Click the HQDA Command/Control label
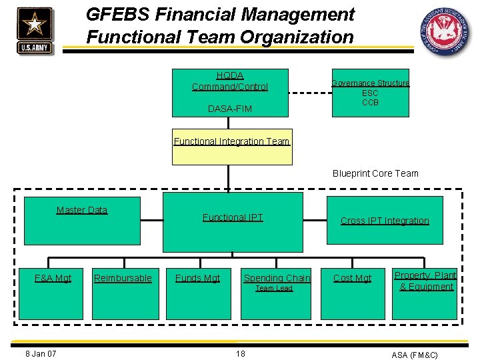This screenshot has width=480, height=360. (x=230, y=81)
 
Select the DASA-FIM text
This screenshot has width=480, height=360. (x=230, y=109)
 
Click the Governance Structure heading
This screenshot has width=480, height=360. (x=370, y=83)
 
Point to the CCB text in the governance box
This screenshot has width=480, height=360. (x=370, y=103)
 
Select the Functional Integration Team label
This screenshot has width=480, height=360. (x=231, y=141)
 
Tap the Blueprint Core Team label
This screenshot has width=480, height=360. (x=375, y=173)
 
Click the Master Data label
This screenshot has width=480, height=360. (x=82, y=210)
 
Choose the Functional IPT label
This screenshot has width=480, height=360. (x=233, y=217)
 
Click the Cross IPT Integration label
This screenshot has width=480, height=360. (x=385, y=221)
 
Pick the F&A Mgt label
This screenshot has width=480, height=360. (x=53, y=278)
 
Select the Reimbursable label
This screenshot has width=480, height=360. (x=123, y=278)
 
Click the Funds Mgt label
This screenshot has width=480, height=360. (x=197, y=278)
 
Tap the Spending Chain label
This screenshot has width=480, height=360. (x=277, y=278)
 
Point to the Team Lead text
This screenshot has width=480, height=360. (x=274, y=289)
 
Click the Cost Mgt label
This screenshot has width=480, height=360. (x=352, y=278)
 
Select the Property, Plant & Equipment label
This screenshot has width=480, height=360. (x=425, y=281)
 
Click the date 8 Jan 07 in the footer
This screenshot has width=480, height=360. (x=40, y=353)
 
